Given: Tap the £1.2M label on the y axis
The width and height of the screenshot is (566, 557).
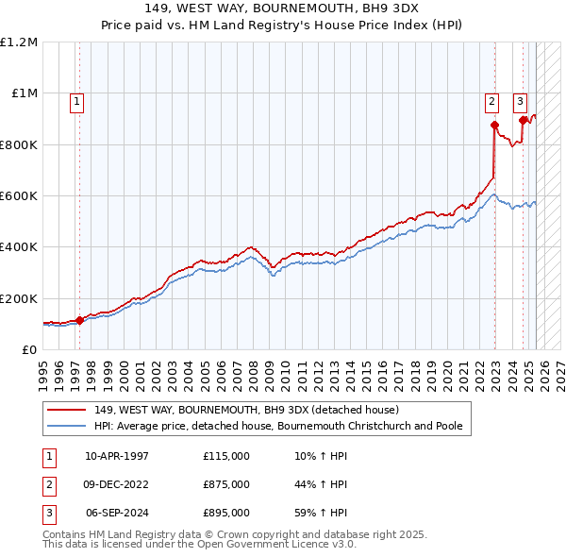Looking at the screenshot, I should [x=19, y=42].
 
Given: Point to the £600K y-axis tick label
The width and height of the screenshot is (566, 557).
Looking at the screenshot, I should [x=18, y=196].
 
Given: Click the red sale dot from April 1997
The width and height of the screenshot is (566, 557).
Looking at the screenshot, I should [x=80, y=320].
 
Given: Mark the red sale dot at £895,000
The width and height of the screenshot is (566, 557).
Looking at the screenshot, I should [x=523, y=120].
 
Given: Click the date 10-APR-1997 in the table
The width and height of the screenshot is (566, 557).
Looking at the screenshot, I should [x=117, y=456].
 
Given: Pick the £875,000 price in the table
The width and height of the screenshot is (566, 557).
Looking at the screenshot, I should [x=225, y=484].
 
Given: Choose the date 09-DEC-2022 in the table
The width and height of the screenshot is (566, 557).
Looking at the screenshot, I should [x=117, y=484].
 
